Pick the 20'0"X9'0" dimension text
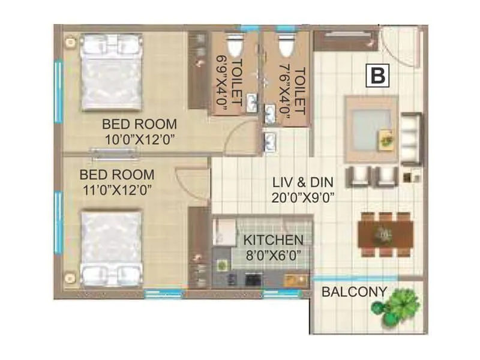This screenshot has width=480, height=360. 302,196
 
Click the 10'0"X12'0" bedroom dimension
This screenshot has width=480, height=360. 139,139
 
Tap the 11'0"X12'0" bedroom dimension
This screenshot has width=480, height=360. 117,190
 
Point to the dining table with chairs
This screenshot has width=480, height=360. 384,235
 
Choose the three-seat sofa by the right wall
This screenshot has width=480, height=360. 411,138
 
